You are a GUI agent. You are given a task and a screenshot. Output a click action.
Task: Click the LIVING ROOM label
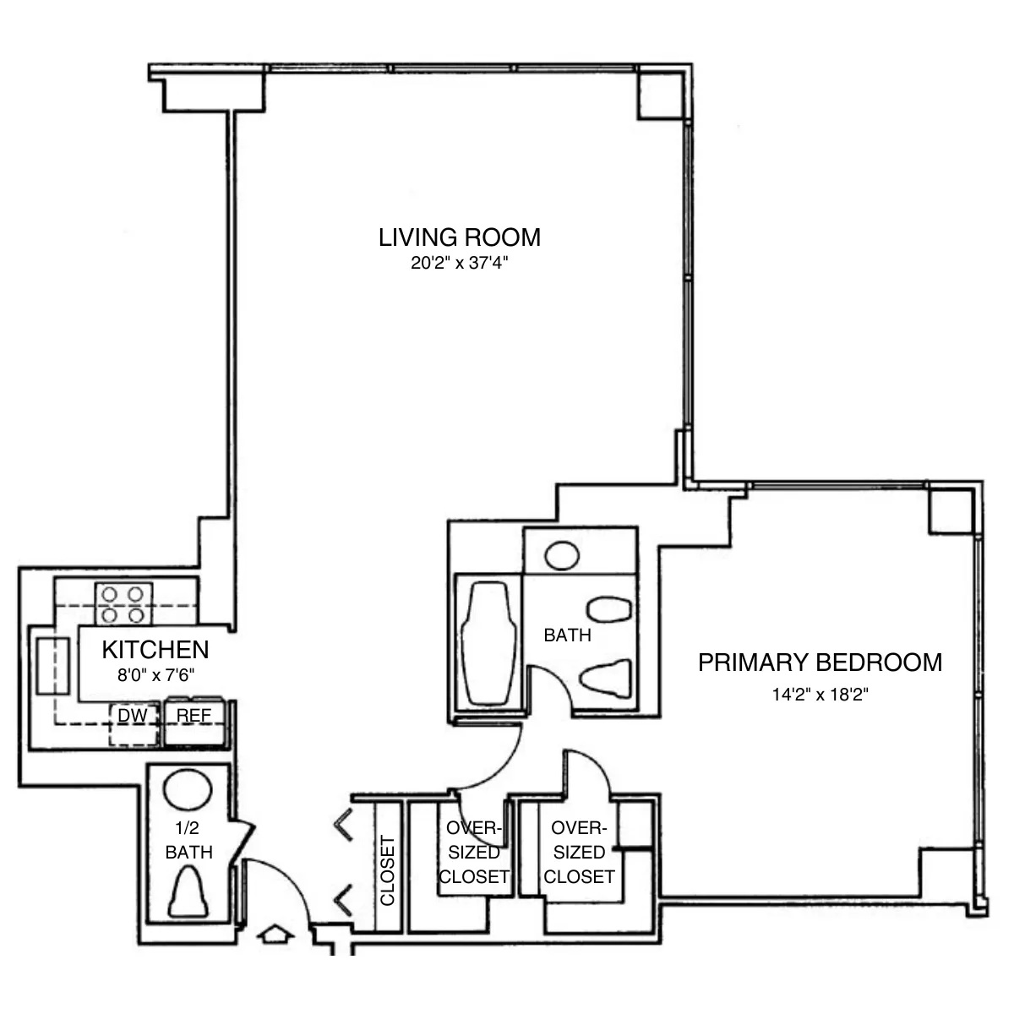click(x=459, y=237)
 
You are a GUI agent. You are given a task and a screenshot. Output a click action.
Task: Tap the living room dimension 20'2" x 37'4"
click(x=459, y=264)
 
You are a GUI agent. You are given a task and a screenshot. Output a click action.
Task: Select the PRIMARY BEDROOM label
click(x=820, y=662)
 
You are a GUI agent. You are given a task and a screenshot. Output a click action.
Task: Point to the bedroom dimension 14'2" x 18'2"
click(x=820, y=695)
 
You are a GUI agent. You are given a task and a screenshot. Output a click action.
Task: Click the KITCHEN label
click(x=155, y=650)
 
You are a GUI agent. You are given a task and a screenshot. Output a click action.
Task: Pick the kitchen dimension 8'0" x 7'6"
click(x=155, y=675)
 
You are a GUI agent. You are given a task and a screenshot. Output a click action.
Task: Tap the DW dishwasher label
click(x=133, y=716)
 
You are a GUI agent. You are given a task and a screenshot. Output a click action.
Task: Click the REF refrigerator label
click(x=194, y=716)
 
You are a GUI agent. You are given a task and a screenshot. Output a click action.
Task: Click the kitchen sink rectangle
click(x=52, y=665)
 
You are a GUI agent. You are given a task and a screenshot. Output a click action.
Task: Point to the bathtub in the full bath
click(x=488, y=642)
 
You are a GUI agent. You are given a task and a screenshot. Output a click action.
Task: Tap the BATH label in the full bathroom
click(x=567, y=635)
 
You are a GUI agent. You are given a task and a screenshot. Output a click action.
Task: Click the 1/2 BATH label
click(x=188, y=842)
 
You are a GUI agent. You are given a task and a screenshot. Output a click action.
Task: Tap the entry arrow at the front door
click(x=275, y=935)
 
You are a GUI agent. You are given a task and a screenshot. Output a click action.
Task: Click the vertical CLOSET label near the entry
click(x=388, y=870)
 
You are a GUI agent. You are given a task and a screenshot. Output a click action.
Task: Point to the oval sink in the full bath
click(x=561, y=556)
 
